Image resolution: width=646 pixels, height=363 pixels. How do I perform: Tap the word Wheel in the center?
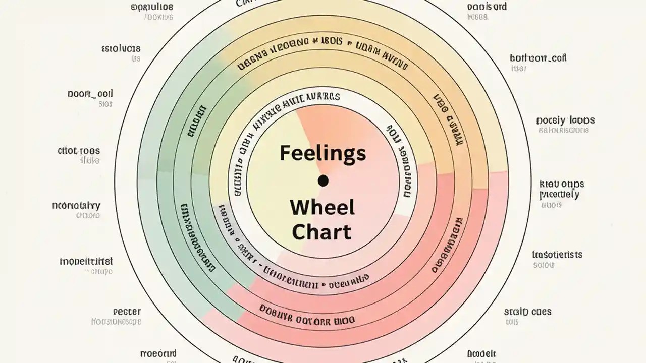point(322,207)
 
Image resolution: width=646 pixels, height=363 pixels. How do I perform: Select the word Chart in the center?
point(322,232)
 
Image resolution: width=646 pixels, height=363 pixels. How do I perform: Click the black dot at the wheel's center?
point(323,180)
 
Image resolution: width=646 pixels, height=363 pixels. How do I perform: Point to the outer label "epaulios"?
point(151,7)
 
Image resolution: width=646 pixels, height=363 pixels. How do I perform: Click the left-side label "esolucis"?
point(121,49)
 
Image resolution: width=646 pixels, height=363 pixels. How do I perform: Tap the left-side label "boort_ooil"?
point(90,94)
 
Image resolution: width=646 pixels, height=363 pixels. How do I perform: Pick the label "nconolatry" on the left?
point(76,206)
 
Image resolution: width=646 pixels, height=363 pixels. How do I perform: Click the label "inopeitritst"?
point(86,262)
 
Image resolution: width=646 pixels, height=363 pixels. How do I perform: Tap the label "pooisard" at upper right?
point(487,7)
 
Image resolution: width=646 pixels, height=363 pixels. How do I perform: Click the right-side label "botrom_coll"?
point(538,58)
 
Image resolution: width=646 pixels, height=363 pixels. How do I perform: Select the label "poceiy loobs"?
point(565,120)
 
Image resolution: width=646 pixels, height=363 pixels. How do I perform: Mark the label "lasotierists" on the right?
point(557,255)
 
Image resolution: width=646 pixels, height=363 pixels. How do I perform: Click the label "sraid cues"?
point(528,311)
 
